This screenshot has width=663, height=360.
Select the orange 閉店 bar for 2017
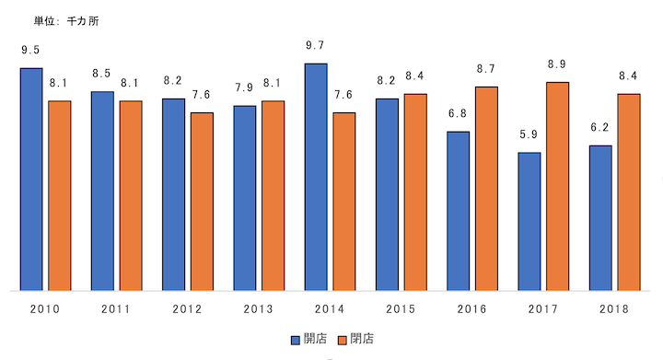point(557,186)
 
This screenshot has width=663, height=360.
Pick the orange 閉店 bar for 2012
point(202,202)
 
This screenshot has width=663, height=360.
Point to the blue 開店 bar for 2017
point(529,221)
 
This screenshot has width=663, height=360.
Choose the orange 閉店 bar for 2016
point(486,189)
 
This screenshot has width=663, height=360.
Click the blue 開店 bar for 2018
point(600,218)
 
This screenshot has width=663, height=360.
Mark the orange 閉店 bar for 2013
point(273,195)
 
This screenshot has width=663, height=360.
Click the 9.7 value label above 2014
point(316,45)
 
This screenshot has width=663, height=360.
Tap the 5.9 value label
point(529,134)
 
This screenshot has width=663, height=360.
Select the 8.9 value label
point(557,64)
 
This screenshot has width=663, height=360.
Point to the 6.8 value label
point(458,114)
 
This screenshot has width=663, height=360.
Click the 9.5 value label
point(31,51)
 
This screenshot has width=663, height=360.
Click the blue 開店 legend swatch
point(295,339)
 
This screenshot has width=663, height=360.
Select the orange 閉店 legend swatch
point(343,339)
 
